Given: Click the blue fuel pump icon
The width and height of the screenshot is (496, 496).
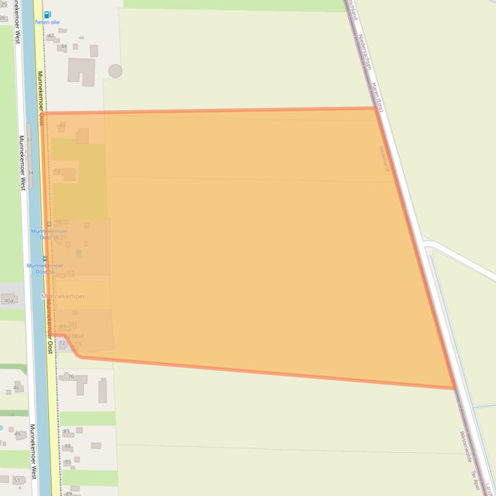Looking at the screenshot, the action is [48, 14].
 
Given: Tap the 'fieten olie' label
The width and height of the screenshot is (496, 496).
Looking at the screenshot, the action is [48, 22].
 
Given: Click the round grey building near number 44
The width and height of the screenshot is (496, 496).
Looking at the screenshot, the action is [115, 71].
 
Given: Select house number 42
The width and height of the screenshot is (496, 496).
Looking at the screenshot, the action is [51, 36].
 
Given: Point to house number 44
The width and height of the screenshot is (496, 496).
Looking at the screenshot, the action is [63, 46].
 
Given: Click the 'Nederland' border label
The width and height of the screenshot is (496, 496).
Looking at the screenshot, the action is [385, 158].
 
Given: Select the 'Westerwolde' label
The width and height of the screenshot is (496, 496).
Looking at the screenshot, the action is [466, 446].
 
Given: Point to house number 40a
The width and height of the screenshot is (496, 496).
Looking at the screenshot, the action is [8, 301].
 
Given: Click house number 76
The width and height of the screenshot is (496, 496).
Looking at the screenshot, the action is [70, 377].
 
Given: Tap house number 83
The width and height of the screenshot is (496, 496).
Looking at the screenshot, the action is [66, 431].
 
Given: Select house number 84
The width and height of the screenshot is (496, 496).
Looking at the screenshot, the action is [68, 446].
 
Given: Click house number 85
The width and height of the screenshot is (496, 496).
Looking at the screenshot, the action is [68, 462].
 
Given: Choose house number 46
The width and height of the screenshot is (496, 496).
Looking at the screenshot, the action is [16, 388].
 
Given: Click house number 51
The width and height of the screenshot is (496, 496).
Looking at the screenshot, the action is [16, 481].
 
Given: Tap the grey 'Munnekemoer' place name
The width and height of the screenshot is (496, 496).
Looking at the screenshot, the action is [62, 296].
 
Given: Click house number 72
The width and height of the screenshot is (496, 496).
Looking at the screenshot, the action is [62, 343].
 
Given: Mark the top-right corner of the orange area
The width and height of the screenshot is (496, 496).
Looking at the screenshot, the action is [376, 108].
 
